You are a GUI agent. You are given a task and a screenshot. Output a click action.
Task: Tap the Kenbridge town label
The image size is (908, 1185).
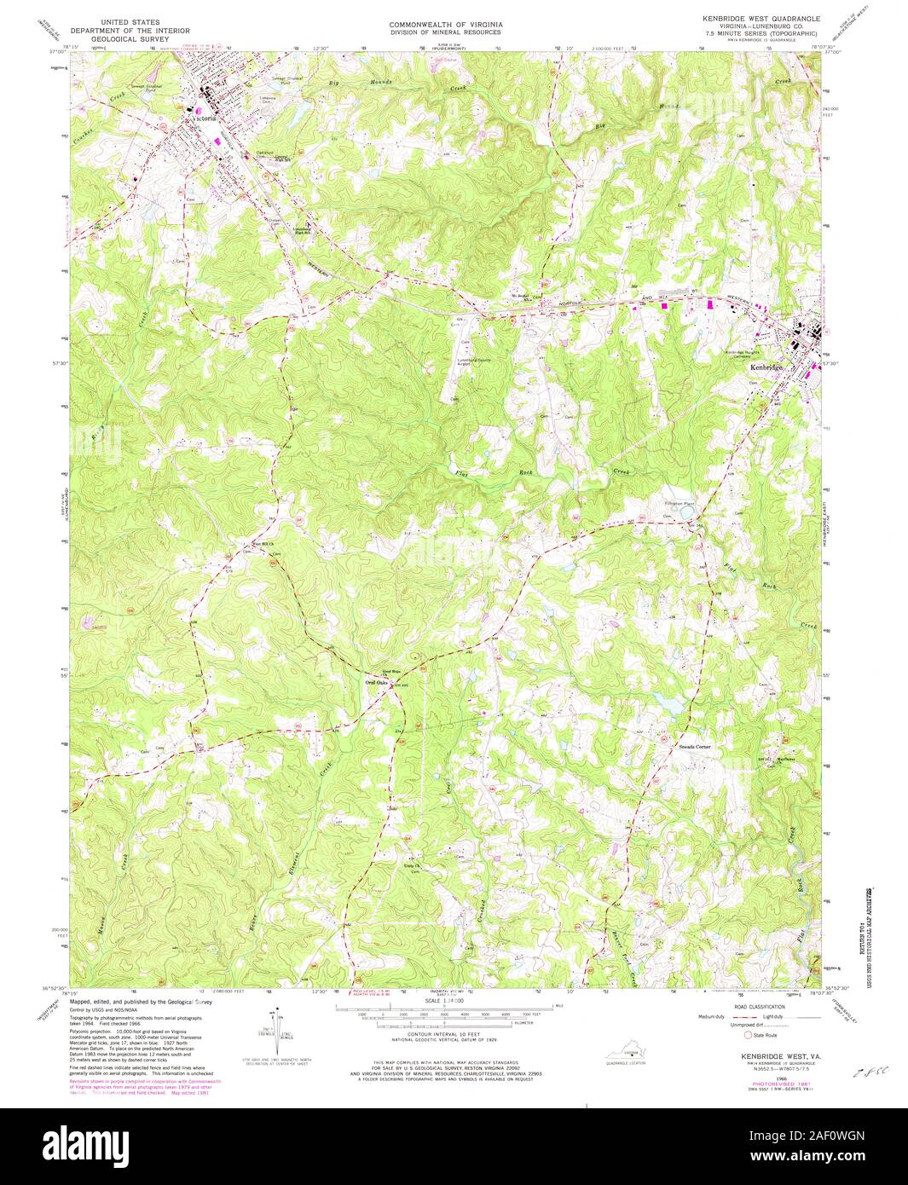click(766, 367)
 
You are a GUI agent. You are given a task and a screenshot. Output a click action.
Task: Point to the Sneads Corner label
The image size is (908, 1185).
click(694, 746)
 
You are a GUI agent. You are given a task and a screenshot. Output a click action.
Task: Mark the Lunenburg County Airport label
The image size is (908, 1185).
click(478, 361)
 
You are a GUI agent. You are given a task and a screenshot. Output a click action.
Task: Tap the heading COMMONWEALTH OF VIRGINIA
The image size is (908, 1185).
click(446, 25)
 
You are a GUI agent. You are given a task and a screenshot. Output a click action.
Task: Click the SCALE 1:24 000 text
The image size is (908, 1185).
click(444, 1001)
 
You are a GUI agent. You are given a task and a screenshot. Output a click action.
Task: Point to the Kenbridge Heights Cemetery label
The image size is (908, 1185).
click(741, 353)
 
